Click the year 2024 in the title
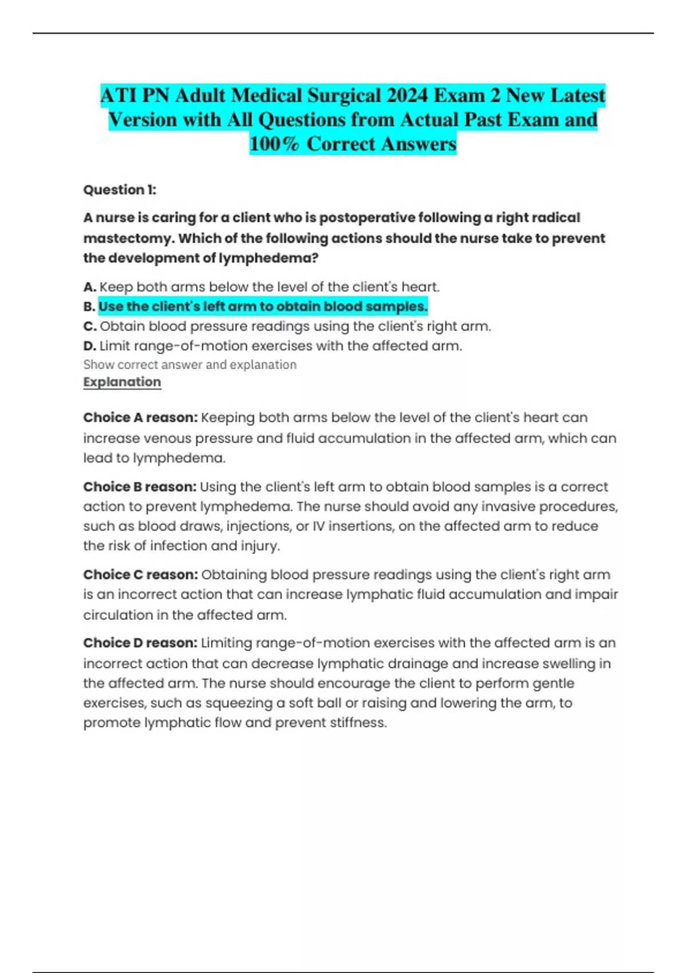click(407, 95)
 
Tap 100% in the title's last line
click(274, 144)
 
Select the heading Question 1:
click(120, 189)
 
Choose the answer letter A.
click(89, 287)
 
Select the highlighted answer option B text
click(263, 307)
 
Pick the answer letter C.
click(90, 326)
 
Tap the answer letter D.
click(89, 346)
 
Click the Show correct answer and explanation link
click(189, 365)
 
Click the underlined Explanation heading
click(122, 382)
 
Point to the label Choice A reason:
click(140, 418)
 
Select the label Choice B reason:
click(140, 486)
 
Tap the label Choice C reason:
click(140, 575)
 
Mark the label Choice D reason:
click(140, 643)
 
